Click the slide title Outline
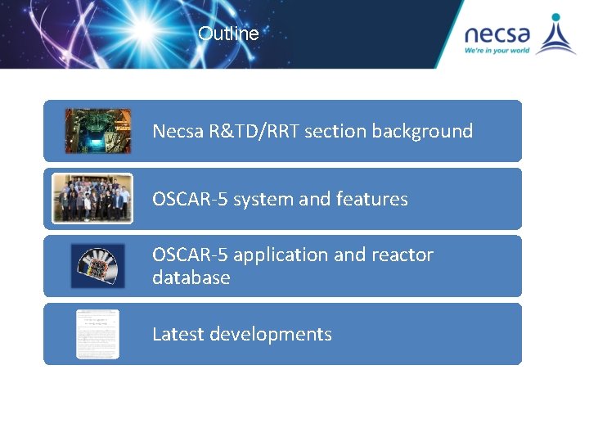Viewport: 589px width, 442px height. pos(228,34)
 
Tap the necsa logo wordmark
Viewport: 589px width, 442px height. pos(497,34)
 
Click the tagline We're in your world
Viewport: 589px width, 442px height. pos(497,51)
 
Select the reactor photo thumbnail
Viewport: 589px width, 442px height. pos(98,131)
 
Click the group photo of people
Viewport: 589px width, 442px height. pos(92,198)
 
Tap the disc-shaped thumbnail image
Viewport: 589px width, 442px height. pos(98,266)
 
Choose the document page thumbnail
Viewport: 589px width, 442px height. pos(97,334)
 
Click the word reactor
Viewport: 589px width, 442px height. pos(402,255)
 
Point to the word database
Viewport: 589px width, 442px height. pos(191,277)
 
